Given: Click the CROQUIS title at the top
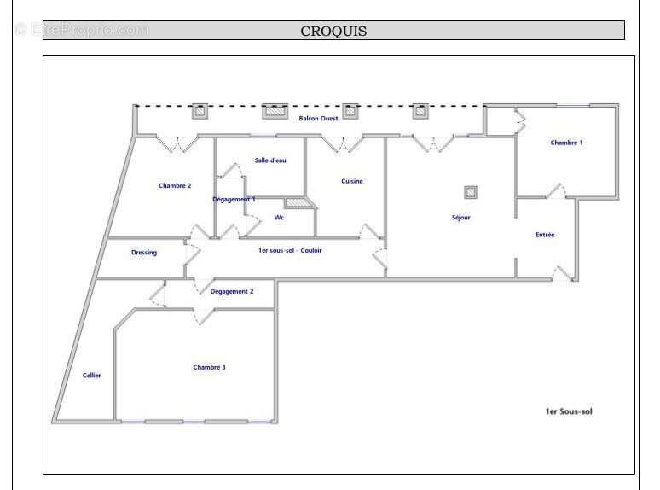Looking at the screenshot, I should [333, 31].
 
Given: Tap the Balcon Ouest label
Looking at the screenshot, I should [318, 118].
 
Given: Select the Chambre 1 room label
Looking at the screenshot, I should [566, 143].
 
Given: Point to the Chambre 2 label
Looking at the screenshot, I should [175, 185].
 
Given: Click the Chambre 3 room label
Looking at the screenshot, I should [209, 367].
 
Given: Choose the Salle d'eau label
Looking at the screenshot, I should [270, 160].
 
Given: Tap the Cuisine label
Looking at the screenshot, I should [352, 181].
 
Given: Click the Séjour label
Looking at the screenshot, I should [461, 218].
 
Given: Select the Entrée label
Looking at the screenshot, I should [545, 235].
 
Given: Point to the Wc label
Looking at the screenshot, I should [279, 218].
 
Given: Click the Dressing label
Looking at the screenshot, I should [144, 252].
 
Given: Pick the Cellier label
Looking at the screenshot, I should [91, 376].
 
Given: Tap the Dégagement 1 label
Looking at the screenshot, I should [234, 199].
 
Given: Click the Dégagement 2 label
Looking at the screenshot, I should [232, 291].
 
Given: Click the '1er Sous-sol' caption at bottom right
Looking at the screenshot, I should [569, 411].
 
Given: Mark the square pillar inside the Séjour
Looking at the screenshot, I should [470, 192].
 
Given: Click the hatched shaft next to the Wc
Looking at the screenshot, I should [296, 203].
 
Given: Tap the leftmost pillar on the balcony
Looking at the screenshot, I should [200, 110].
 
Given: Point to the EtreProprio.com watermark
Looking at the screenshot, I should [82, 30].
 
